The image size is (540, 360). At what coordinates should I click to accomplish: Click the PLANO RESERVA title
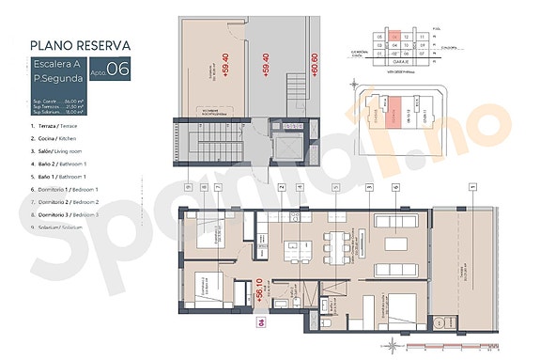[x=80, y=44]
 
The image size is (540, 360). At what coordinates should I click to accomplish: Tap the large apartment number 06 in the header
[x=118, y=68]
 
